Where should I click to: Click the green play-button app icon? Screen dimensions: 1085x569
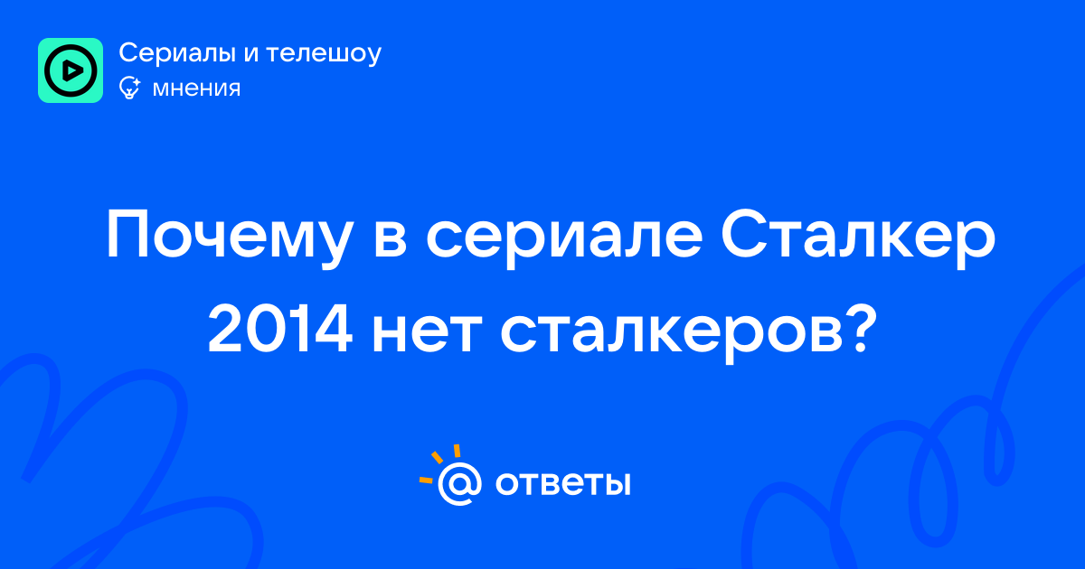coord(71,70)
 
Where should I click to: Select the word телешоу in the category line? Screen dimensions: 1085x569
coord(324,53)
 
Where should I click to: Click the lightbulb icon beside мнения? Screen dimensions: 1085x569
coord(129,88)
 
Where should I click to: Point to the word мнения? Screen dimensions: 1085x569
coord(196,89)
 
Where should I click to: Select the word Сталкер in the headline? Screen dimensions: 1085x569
coord(858,235)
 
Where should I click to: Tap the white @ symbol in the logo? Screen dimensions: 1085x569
coord(459,484)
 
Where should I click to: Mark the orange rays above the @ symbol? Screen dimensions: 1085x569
coord(439,463)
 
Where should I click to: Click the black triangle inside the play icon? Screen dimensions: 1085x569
coord(72,70)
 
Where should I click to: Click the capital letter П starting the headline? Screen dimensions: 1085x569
coord(127,234)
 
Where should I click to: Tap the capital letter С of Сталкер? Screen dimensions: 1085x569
coord(742,234)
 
